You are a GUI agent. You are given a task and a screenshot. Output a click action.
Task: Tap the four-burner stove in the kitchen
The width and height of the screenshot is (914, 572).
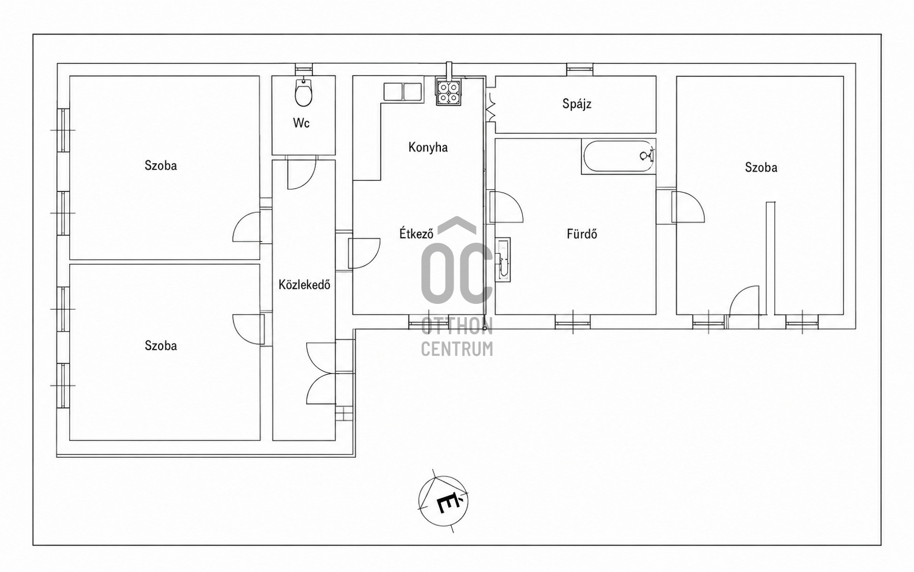[448, 92]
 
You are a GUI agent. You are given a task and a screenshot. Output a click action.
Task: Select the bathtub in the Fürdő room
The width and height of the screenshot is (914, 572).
[618, 156]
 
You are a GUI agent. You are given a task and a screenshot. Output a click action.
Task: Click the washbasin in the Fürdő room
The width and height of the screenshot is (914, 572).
[503, 259]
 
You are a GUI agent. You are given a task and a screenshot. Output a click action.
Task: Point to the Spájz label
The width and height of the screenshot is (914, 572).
[576, 104]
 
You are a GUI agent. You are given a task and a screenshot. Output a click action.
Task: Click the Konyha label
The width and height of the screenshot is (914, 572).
[428, 147]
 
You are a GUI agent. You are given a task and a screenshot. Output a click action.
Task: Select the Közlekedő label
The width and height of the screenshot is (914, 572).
[304, 284]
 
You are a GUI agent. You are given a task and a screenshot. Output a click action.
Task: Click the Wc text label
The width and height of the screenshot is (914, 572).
[301, 123]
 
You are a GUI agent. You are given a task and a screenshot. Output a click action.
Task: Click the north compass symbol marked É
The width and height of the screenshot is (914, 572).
[444, 501]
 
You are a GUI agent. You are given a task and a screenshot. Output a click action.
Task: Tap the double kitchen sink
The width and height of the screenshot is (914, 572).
[402, 92]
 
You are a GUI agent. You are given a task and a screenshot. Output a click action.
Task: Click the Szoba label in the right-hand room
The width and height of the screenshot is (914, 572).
[761, 167]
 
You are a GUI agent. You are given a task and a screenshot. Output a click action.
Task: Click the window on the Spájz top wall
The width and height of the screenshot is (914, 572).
[579, 69]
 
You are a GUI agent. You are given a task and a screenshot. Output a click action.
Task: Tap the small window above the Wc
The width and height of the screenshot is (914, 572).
[304, 69]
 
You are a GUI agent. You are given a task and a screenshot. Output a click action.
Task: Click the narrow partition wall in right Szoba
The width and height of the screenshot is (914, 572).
[771, 258]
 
